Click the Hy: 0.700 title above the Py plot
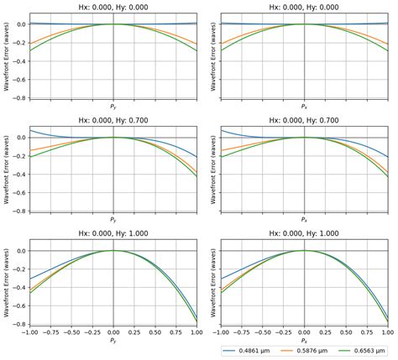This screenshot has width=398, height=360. click(113, 121)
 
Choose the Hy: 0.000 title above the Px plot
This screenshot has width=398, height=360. click(304, 8)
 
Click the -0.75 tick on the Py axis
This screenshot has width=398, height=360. click(50, 332)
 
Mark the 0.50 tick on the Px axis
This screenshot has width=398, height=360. click(347, 332)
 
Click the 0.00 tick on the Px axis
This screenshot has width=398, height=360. click(304, 332)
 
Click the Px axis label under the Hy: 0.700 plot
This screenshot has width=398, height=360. click(304, 222)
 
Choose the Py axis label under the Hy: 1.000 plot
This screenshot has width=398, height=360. click(113, 342)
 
